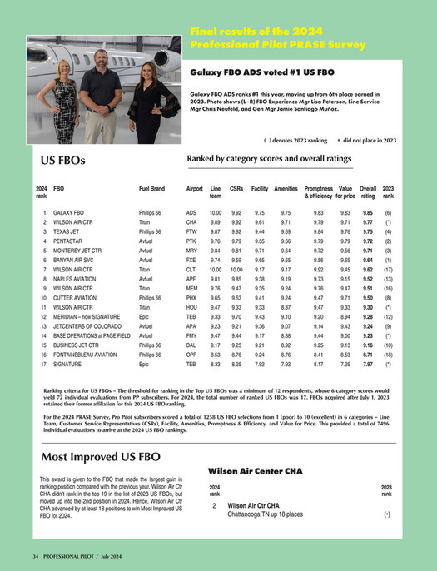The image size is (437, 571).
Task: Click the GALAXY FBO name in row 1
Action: (67, 214)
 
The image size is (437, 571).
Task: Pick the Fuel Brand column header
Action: (151, 190)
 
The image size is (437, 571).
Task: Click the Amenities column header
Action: (286, 190)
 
